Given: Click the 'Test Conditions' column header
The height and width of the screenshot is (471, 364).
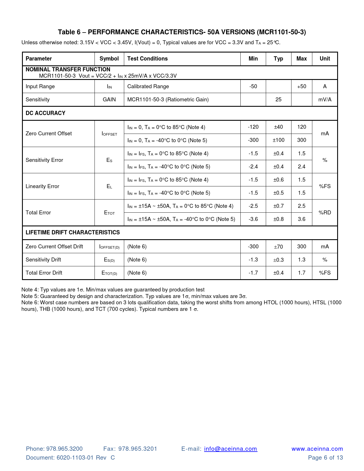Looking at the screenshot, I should click(x=147, y=59).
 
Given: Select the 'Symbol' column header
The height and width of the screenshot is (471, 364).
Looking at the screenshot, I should click(x=109, y=59).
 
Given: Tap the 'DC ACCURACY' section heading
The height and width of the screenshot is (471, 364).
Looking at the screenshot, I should click(x=45, y=113).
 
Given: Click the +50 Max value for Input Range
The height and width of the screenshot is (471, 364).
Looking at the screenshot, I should click(x=301, y=86).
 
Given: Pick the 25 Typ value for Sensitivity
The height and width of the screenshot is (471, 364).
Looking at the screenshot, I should click(x=278, y=100).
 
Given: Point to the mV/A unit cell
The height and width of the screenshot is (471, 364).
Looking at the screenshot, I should click(x=325, y=100).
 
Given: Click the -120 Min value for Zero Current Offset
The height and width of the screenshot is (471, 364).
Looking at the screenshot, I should click(x=253, y=127).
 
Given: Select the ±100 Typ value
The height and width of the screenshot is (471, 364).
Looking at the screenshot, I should click(x=278, y=140).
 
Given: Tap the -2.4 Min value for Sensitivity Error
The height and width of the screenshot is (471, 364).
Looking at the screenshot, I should click(x=253, y=167).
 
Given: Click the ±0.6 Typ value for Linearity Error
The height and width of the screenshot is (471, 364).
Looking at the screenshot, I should click(x=278, y=180).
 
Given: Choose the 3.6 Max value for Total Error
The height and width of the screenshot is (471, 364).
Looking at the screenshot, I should click(x=301, y=219).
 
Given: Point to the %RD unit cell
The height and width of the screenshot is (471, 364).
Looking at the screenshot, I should click(x=325, y=213).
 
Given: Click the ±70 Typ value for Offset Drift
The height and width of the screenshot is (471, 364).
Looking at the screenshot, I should click(x=278, y=247).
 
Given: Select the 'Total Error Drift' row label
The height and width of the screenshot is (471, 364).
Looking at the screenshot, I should click(x=44, y=273).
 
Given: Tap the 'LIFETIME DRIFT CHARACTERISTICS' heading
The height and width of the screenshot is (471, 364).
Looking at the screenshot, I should click(x=73, y=232).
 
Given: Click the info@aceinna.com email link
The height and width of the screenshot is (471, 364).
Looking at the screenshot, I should click(x=231, y=449).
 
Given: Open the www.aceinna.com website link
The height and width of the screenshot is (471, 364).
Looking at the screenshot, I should click(x=317, y=449).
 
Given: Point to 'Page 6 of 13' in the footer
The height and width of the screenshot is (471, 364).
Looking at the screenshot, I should click(x=325, y=458).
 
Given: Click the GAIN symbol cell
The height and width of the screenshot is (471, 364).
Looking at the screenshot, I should click(x=109, y=100).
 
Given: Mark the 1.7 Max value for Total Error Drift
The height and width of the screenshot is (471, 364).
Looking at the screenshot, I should click(x=301, y=273).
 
